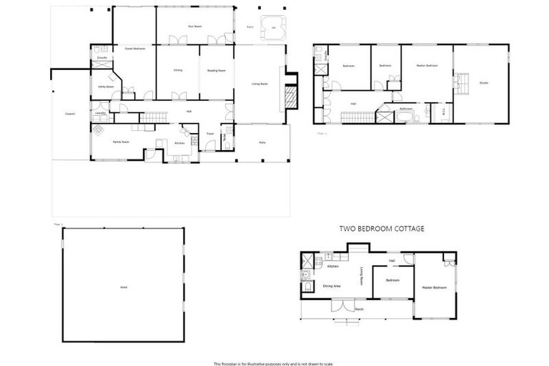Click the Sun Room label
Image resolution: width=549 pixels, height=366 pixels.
(192, 26)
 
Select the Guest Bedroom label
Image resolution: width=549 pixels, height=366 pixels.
(134, 49)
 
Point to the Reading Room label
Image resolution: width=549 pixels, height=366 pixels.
(217, 70)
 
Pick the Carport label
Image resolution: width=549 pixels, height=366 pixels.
(70, 114)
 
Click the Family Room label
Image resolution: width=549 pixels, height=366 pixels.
(120, 142)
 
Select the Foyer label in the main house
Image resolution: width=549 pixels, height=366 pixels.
(210, 134)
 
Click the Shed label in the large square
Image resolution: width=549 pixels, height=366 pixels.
(123, 287)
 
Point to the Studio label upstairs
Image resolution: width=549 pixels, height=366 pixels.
(483, 83)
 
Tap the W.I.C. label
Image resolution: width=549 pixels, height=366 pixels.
(443, 111)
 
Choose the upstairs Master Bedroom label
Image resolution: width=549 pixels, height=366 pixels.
(427, 66)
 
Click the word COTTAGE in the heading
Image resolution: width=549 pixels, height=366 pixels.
(405, 229)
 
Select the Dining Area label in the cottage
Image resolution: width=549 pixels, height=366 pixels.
(331, 286)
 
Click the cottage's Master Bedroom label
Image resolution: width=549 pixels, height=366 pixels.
(434, 287)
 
